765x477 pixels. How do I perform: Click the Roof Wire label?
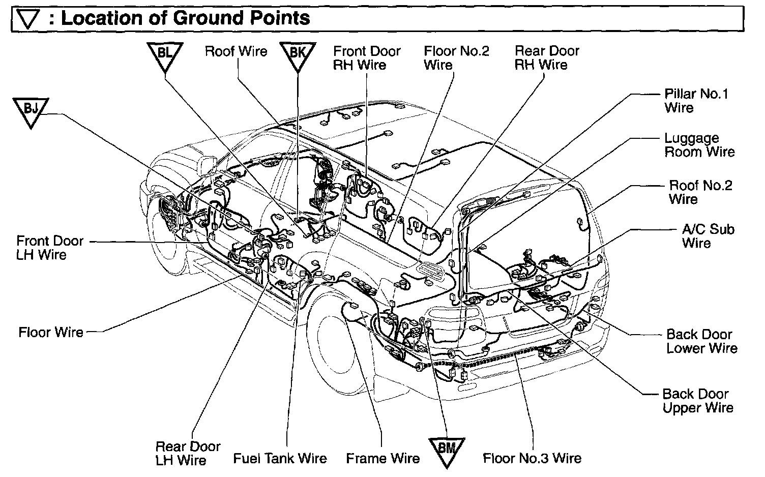click(236, 51)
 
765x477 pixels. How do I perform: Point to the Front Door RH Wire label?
click(366, 58)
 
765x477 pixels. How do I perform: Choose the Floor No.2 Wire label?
click(456, 58)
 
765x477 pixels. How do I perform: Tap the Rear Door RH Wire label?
click(547, 58)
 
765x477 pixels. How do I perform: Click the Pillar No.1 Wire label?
click(696, 101)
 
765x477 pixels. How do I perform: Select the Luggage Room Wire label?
click(699, 145)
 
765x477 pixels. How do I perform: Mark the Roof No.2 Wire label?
click(700, 192)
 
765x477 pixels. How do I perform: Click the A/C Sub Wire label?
click(708, 236)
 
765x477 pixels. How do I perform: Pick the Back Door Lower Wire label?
click(701, 341)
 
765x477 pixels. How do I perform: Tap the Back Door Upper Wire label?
click(697, 401)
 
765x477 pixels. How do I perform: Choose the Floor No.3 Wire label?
click(532, 458)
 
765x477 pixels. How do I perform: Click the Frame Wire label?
click(382, 459)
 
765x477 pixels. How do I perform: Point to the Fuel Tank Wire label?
click(280, 459)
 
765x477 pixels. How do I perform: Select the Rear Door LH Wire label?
click(188, 454)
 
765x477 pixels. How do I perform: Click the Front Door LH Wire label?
click(49, 248)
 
